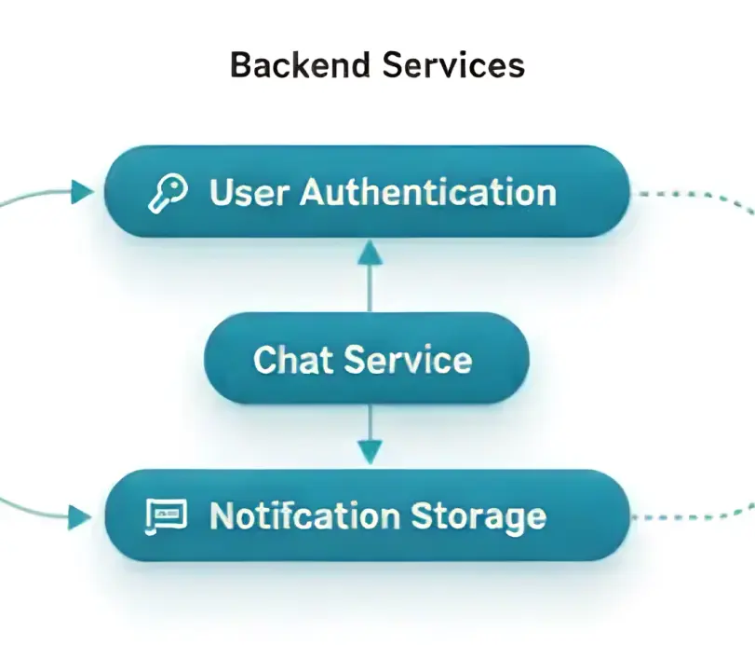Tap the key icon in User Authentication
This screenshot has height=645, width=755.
coord(169,192)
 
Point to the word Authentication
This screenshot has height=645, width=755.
coord(428,192)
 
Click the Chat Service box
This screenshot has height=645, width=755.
coord(366,360)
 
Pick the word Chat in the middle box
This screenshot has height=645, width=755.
coord(293,360)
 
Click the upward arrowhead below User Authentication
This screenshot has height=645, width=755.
coord(370,250)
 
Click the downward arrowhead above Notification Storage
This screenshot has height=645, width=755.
coord(370,453)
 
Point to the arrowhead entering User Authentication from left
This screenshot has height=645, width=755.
coord(83,192)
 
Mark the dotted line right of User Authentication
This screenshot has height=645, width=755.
coord(689,195)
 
